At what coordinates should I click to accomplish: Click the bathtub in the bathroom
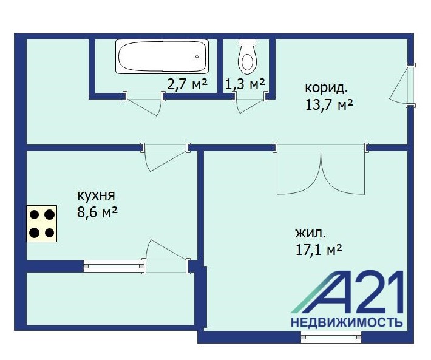coord(162,56)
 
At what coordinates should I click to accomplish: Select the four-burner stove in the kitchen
coord(41,223)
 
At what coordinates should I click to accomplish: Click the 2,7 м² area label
coord(187,84)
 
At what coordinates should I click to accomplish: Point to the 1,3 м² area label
coord(245,84)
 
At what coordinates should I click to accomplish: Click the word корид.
coord(326,89)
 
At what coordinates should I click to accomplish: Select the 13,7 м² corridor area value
coord(329,104)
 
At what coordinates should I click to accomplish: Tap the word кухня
coord(96,195)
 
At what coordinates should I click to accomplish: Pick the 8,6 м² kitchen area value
coord(97,212)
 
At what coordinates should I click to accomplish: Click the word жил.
coord(311,234)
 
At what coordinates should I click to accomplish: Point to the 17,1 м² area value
coord(319,250)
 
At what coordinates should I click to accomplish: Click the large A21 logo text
coord(347,292)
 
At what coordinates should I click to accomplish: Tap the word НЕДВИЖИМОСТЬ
coord(347,322)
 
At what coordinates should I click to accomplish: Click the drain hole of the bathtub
coord(197,57)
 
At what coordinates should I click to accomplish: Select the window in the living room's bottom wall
coord(331,337)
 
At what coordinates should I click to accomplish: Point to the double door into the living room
coord(321,168)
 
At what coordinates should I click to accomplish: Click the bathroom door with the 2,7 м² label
coord(144,103)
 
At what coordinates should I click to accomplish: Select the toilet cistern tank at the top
coord(248,42)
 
